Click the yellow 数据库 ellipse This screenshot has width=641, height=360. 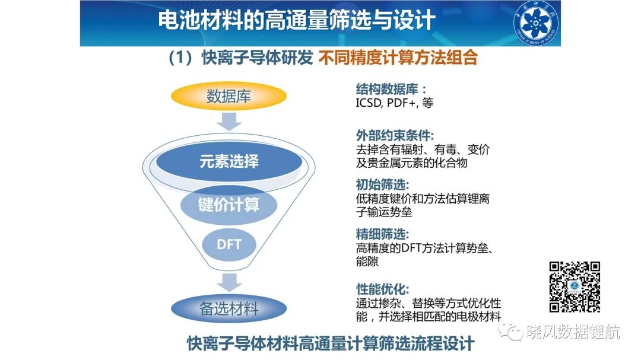(229, 96)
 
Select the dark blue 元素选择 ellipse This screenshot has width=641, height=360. (229, 161)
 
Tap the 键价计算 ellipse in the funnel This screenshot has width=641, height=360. (229, 204)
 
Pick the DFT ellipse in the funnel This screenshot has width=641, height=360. (229, 244)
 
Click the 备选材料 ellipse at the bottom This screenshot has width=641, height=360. (229, 308)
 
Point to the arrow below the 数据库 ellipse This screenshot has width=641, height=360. (229, 122)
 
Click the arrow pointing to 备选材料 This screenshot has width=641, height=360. (229, 282)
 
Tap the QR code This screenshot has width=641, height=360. (575, 287)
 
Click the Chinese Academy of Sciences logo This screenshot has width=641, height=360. (536, 23)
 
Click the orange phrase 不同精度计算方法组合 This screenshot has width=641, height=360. (398, 58)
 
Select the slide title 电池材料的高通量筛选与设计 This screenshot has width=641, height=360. (297, 20)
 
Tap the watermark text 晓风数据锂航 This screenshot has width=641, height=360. (573, 332)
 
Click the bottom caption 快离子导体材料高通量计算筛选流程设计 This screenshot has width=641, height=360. (331, 343)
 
